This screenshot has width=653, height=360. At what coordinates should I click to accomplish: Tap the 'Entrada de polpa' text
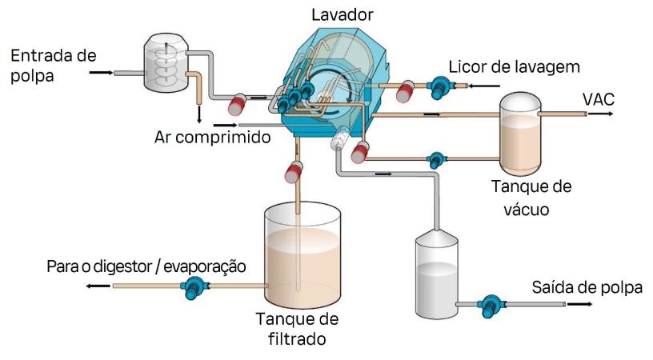(x=53, y=64)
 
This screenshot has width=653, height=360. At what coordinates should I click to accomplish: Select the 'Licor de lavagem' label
(x=513, y=66)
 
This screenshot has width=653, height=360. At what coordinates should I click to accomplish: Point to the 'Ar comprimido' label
(x=211, y=135)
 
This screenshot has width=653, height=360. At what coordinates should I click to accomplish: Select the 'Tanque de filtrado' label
(x=297, y=328)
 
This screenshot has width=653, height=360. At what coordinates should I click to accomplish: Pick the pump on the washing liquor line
(x=439, y=85)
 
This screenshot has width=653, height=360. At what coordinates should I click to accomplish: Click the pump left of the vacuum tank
(x=436, y=158)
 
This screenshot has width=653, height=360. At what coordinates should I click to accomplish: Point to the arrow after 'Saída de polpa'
(x=580, y=305)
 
